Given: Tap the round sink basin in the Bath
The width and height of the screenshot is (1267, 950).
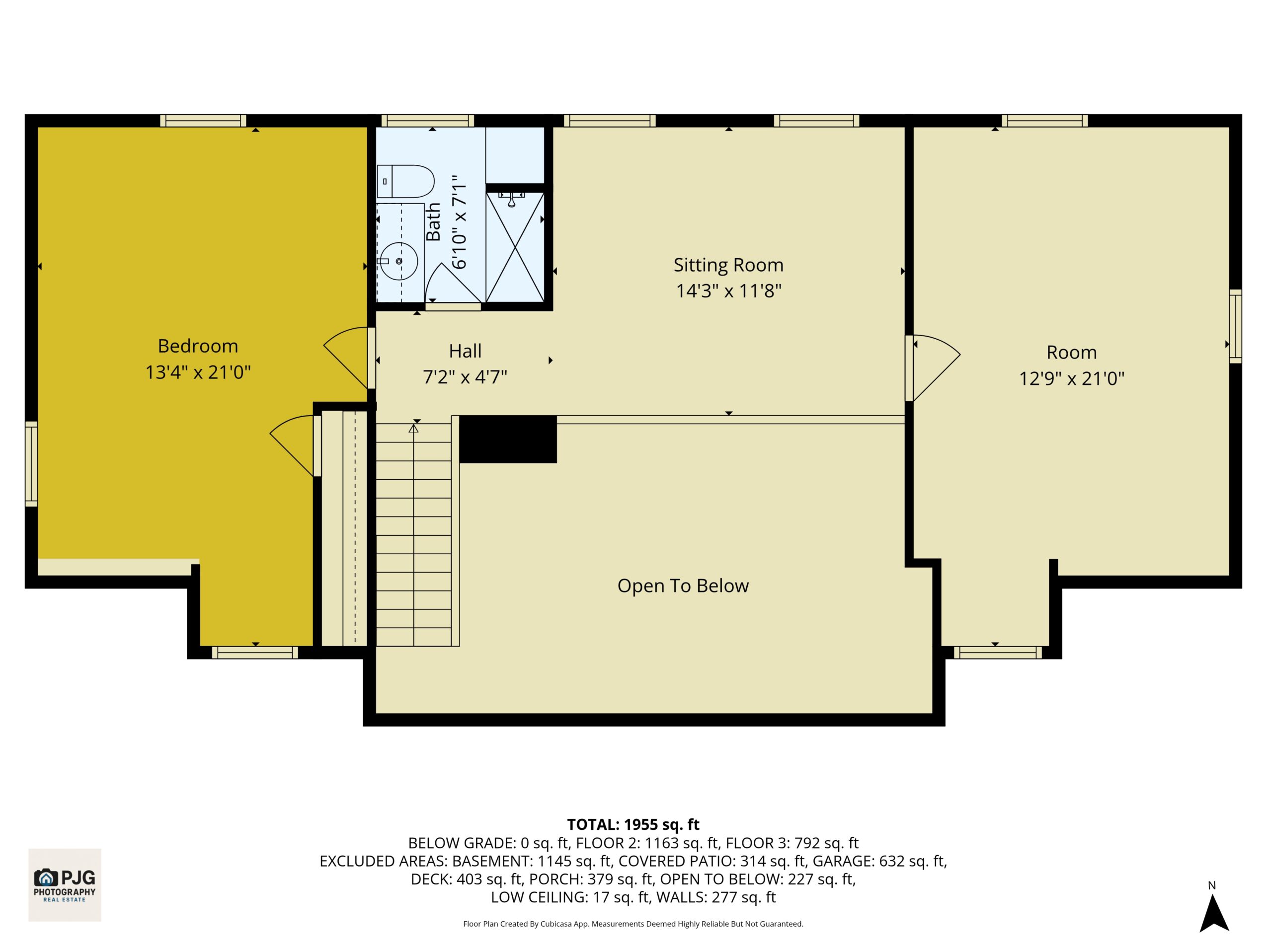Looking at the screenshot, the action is (398, 261).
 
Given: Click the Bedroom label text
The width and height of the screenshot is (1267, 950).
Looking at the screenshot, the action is (198, 346).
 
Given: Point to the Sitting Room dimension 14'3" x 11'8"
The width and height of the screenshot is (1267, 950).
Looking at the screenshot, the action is (728, 291).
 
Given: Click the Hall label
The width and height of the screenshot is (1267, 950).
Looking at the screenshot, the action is (465, 351).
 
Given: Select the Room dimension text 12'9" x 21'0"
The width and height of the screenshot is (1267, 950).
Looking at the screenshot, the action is (1072, 378).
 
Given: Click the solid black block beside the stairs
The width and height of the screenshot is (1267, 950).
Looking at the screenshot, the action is (508, 439).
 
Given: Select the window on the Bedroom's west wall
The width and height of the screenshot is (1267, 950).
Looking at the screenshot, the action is (31, 464).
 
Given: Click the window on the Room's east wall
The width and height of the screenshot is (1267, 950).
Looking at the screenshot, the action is (1236, 326).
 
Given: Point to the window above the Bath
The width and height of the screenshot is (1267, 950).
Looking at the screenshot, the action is (428, 120).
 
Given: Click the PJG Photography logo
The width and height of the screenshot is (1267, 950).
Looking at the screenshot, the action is (65, 885).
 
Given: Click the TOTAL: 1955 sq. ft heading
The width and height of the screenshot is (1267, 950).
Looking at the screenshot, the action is (633, 824).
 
